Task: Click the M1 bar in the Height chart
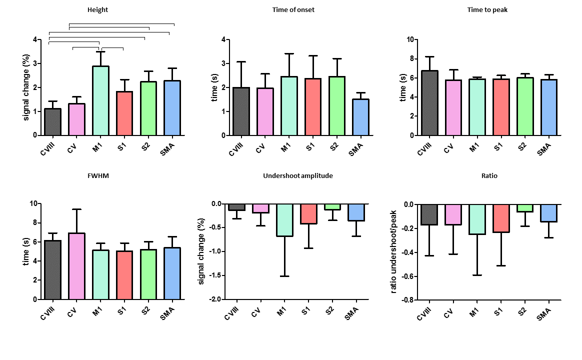click(100, 100)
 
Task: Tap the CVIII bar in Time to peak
click(429, 103)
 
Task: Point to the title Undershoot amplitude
click(297, 176)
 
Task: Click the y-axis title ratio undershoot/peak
click(394, 252)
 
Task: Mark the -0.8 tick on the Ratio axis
click(408, 300)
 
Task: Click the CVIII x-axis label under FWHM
click(48, 311)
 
